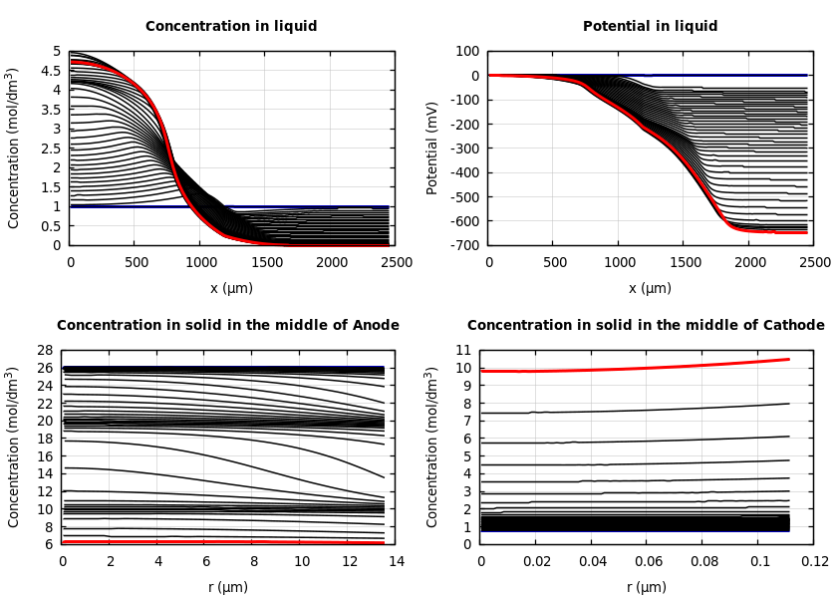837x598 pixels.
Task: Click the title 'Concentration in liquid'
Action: [231, 27]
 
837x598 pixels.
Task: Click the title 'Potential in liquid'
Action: [650, 27]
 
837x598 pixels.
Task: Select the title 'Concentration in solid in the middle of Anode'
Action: [227, 326]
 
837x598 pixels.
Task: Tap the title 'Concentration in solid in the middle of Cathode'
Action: [646, 326]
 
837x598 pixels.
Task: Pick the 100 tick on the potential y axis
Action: [467, 51]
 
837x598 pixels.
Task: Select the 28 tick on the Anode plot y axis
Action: [45, 351]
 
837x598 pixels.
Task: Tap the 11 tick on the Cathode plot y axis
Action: [464, 351]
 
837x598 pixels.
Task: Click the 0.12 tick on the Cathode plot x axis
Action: [813, 561]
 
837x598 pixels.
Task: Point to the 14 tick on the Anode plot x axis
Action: [396, 561]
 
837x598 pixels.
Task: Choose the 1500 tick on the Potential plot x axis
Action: [684, 262]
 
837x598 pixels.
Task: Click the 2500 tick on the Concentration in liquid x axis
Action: [396, 262]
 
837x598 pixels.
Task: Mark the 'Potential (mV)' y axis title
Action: [432, 148]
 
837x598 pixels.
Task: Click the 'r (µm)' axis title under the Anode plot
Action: [227, 587]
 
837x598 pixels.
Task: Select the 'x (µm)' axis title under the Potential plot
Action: [650, 288]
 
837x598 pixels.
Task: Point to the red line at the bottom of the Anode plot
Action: [199, 542]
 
